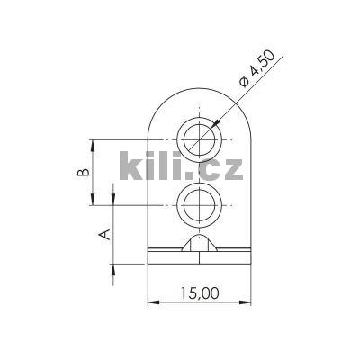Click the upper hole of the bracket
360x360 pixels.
point(199,140)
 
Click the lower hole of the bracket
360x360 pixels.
point(199,206)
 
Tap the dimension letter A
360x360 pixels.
point(104,234)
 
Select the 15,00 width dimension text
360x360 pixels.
point(199,292)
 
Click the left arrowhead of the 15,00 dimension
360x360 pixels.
point(151,301)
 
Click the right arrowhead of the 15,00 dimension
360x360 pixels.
point(247,301)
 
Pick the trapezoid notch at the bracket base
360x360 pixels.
point(199,246)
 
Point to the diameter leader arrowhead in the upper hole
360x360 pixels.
point(213,126)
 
